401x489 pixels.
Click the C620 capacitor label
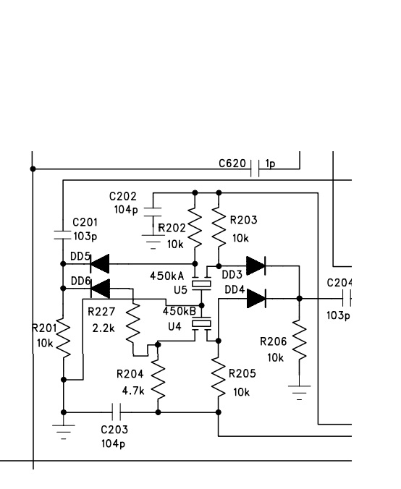point(232,163)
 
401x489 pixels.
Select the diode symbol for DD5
point(100,264)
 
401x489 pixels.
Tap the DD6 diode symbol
point(100,289)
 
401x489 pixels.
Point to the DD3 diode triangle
point(256,266)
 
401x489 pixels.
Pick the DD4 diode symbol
point(256,299)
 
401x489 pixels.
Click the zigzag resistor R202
point(195,229)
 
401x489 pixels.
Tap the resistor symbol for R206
point(299,340)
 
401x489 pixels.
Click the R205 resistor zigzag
point(219,378)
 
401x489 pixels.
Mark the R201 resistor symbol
point(64,339)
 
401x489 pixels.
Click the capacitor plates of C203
point(117,412)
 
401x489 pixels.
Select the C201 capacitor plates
point(63,235)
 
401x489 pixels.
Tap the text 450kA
point(167,276)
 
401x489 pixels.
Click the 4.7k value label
point(133,391)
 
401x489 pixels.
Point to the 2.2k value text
point(104,328)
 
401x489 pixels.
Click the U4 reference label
point(174,326)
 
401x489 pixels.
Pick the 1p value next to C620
point(270,163)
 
